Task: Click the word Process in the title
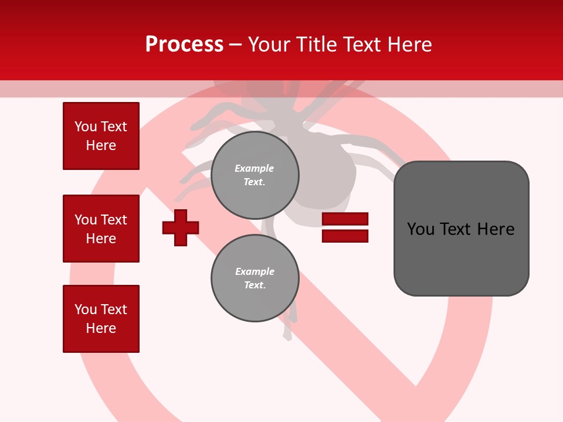[184, 45]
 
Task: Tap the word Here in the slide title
[410, 45]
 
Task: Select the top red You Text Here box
[101, 136]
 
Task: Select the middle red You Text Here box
[101, 229]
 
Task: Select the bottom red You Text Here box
[101, 319]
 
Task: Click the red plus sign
[181, 227]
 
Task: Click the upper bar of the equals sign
[345, 219]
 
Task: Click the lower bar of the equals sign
[345, 236]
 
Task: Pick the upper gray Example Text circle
[255, 175]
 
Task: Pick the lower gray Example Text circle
[255, 278]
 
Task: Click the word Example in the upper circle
[255, 168]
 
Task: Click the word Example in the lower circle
[255, 271]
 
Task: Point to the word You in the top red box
[86, 127]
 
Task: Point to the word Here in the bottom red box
[101, 328]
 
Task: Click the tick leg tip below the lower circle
[287, 336]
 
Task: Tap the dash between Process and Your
[236, 45]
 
